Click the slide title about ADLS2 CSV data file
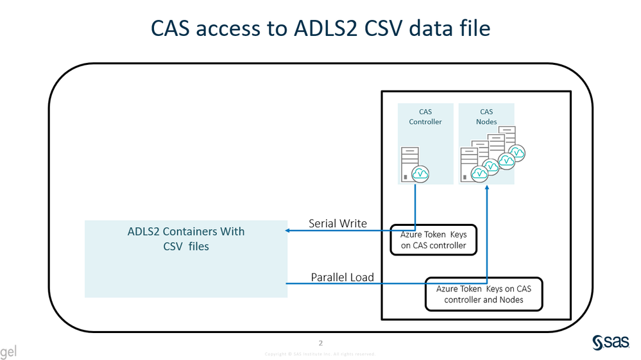coord(320,29)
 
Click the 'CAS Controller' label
coord(425,117)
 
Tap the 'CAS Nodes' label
coord(486,117)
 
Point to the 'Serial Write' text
coord(338,223)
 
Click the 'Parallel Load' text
coord(342,278)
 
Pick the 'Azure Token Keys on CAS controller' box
coord(434,240)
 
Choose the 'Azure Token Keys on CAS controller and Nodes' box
coord(484,294)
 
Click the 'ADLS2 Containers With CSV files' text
coord(186,238)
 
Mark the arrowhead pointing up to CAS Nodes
coord(488,189)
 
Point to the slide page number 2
coord(321,343)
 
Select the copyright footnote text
coord(320,354)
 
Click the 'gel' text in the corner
coord(8,352)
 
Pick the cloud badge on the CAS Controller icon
coord(421,173)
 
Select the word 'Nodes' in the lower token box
coord(511,300)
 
